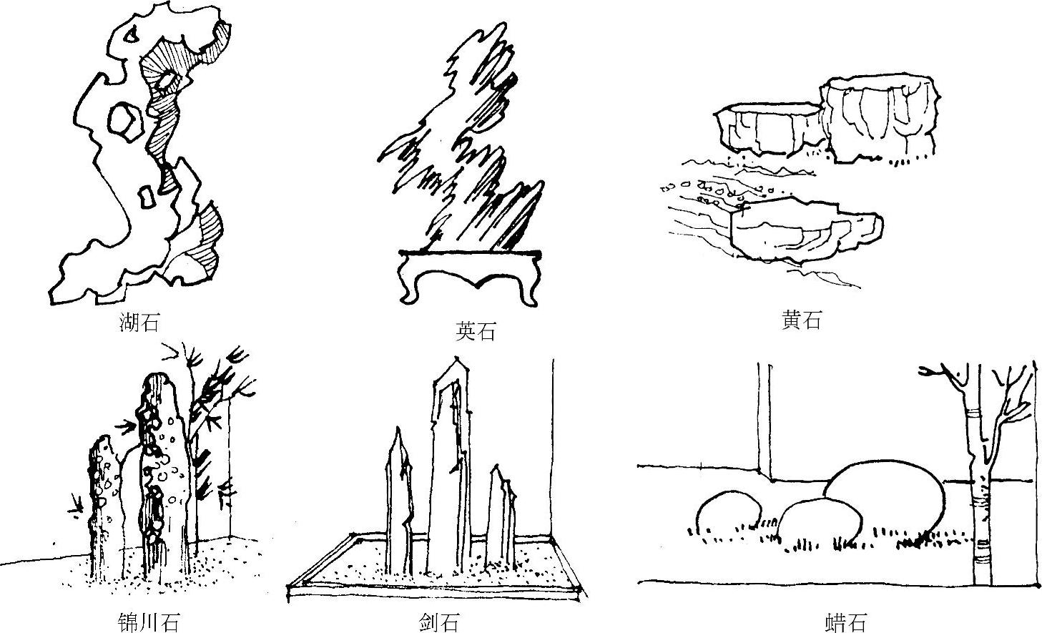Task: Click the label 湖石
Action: pos(139,323)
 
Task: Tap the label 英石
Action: pos(476,332)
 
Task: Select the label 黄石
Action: pos(801,319)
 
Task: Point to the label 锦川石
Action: pos(148,622)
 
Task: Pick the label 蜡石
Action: pos(845,622)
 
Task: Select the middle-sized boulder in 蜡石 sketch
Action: pos(819,526)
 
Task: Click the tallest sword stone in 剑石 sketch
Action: pos(449,465)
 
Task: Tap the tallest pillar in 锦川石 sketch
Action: pos(163,465)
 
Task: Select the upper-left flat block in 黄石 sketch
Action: pos(767,131)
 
